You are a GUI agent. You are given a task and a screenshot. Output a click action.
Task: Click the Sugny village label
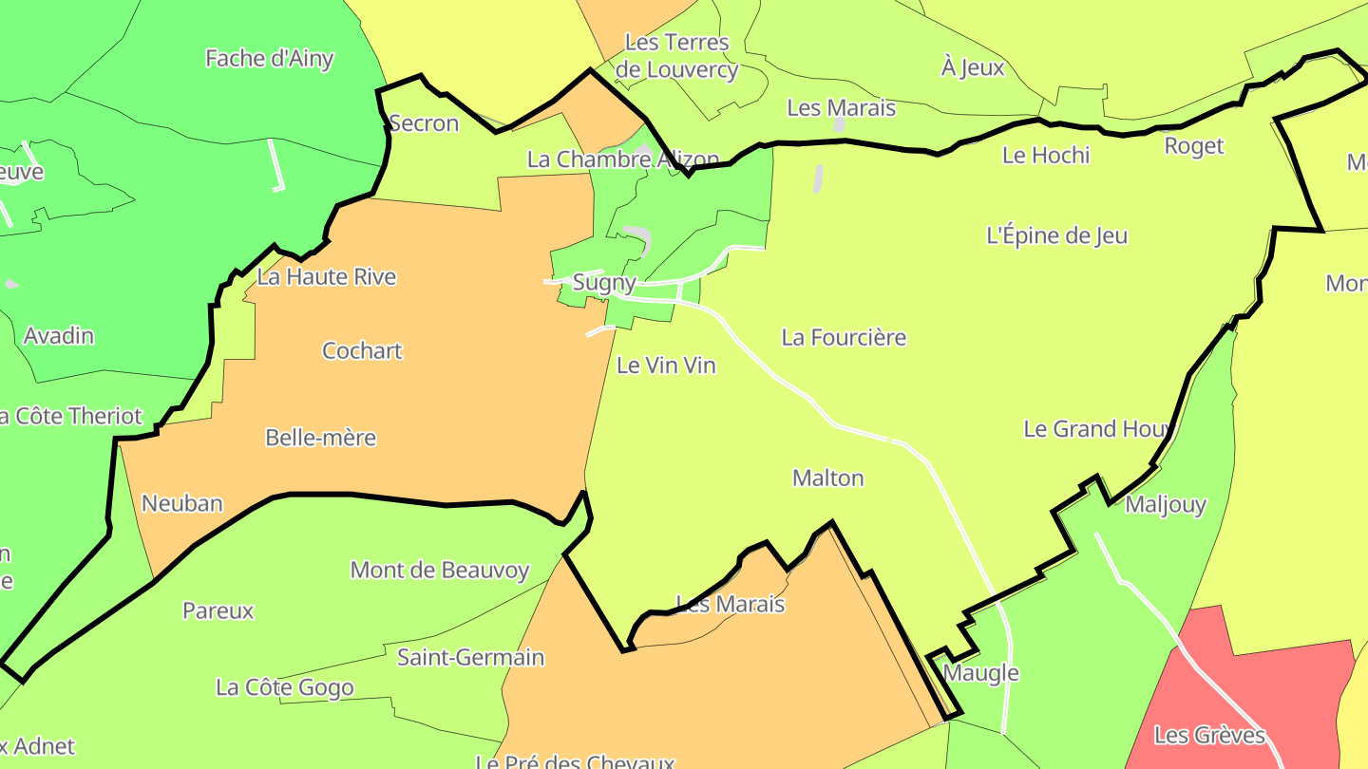[x=604, y=282]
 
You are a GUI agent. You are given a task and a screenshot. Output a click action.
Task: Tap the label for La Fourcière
[x=844, y=337]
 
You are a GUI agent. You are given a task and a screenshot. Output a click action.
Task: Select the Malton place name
[x=828, y=478]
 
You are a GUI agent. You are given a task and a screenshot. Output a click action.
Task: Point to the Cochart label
[x=362, y=350]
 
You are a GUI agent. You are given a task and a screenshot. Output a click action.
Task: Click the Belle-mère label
[x=320, y=438]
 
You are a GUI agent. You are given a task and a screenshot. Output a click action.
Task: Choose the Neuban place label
[x=182, y=503]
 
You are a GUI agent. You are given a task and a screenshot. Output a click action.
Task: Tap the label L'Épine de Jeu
[x=1056, y=235]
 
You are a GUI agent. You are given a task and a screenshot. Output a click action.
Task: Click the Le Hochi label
[x=1046, y=155]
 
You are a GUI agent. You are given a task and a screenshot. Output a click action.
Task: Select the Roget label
[x=1194, y=145]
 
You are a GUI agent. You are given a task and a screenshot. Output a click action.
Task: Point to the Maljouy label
[x=1166, y=504]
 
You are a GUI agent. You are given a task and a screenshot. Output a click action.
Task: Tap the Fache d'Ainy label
[x=270, y=58]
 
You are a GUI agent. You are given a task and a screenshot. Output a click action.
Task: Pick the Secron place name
[x=424, y=122]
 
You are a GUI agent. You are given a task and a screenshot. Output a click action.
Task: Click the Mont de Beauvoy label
[x=440, y=570]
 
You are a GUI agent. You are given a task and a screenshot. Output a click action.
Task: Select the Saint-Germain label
[x=470, y=657]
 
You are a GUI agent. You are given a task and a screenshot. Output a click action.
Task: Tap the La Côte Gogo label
[x=285, y=687]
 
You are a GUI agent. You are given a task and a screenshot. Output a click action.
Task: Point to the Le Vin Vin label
[x=666, y=366]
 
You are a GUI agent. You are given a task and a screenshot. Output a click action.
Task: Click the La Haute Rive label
[x=327, y=277]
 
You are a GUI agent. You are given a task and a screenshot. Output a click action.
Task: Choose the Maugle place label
[x=981, y=673]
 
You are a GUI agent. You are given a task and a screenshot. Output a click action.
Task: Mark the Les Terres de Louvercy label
[x=676, y=56]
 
